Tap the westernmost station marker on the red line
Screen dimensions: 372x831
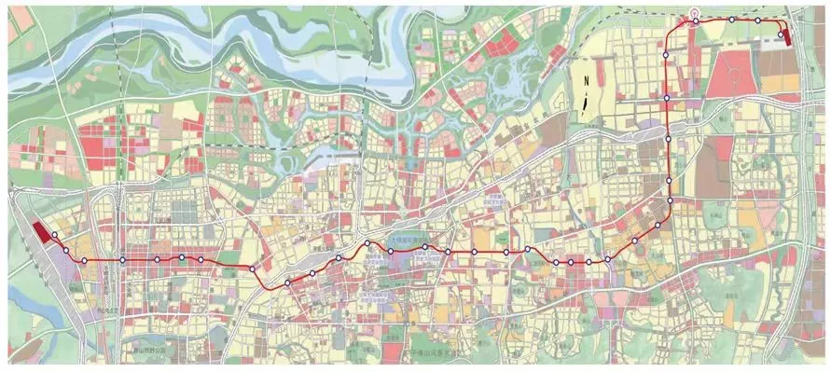55,235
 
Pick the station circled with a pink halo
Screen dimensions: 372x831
695,20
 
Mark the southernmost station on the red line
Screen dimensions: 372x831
288,282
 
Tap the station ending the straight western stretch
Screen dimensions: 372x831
252,269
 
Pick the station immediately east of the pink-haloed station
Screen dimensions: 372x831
732,20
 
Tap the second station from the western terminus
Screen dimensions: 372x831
84,260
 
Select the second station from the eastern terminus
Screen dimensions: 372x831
758,21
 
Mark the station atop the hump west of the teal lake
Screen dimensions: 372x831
367,243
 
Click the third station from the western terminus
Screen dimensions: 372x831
121,259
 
